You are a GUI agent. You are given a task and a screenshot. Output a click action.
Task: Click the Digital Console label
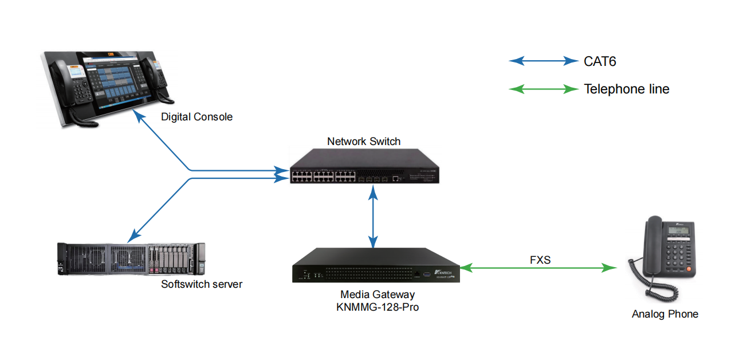(196, 117)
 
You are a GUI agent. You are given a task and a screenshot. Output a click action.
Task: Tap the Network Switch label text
(364, 141)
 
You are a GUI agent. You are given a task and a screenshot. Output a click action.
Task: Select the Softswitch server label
(202, 284)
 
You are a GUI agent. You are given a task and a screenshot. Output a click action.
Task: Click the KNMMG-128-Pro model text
(378, 307)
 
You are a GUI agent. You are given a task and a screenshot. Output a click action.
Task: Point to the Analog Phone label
(665, 314)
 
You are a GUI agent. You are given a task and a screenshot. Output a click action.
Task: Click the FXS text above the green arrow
(540, 260)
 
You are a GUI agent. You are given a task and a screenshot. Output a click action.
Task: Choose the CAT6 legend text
(600, 61)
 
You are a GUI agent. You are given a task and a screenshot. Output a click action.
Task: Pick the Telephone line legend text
(626, 89)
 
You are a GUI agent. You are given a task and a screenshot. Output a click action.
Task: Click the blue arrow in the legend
(544, 61)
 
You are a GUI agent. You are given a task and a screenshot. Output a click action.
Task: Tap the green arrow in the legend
(544, 89)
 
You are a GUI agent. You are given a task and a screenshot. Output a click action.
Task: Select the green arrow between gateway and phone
(539, 268)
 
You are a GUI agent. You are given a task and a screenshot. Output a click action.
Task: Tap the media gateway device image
(376, 265)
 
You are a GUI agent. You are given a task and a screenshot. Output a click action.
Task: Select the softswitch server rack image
(131, 259)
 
